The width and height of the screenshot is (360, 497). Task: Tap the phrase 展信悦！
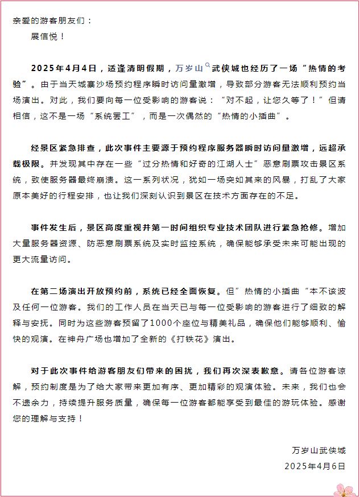click(x=48, y=36)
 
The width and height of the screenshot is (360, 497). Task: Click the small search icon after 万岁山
click(x=208, y=66)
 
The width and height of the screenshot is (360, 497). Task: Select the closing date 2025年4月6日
click(x=315, y=466)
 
